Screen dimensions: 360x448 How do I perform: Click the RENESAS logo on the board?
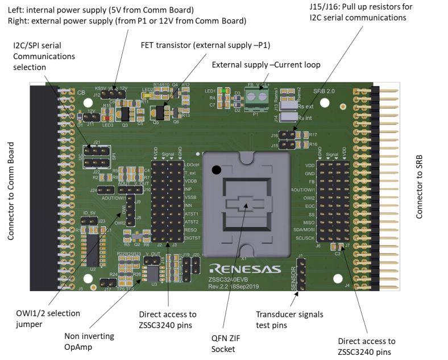(x=244, y=268)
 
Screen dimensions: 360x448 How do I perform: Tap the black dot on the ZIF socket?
(x=216, y=169)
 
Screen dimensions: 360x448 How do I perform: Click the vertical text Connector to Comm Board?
(x=11, y=191)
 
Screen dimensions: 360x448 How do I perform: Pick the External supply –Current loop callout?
(x=266, y=65)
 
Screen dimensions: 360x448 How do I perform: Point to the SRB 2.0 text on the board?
(x=325, y=91)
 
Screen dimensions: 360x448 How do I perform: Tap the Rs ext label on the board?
(x=306, y=106)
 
